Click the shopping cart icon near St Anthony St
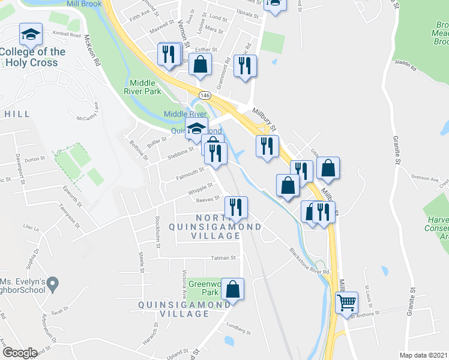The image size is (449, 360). pyautogui.click(x=346, y=303)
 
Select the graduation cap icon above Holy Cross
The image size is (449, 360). pyautogui.click(x=29, y=35)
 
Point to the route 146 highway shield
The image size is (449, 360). pyautogui.click(x=205, y=95)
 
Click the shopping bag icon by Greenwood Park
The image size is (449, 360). pyautogui.click(x=232, y=289)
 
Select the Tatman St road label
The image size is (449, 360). pyautogui.click(x=224, y=258)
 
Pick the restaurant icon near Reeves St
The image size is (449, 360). pyautogui.click(x=236, y=208)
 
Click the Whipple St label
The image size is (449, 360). pyautogui.click(x=200, y=188)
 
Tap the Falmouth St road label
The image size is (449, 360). pyautogui.click(x=190, y=173)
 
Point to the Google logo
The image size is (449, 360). pyautogui.click(x=19, y=353)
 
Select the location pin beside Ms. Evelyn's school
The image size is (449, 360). pyautogui.click(x=53, y=282)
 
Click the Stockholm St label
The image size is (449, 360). pyautogui.click(x=158, y=226)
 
